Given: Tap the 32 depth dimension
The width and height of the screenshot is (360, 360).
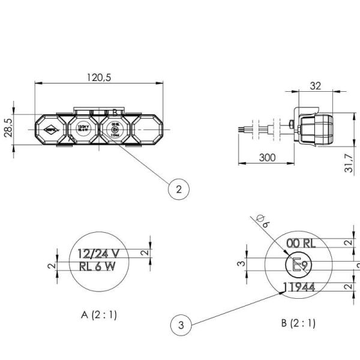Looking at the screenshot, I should tap(315, 86).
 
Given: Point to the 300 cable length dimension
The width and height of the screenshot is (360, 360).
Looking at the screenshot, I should tap(267, 157).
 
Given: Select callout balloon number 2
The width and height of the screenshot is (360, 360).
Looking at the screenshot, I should tap(178, 190).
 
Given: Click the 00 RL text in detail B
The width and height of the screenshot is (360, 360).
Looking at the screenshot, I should tap(301, 243).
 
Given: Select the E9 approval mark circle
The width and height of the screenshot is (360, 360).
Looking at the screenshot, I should tap(298, 265).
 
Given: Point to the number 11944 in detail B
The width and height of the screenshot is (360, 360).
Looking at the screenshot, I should tap(301, 287).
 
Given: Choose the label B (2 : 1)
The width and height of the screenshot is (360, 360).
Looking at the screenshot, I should tap(298, 323).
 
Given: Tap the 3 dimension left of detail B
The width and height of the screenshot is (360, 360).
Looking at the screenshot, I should tap(241, 263).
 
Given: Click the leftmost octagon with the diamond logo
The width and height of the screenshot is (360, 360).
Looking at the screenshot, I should tap(52, 128).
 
